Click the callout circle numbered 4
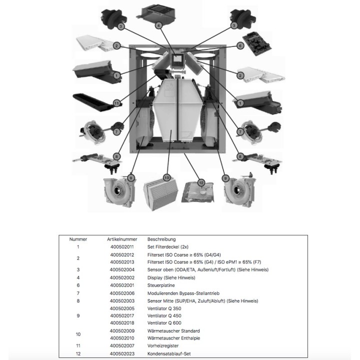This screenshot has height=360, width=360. click(158, 25)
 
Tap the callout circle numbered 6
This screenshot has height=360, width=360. click(240, 46)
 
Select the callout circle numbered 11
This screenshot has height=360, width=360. click(116, 103)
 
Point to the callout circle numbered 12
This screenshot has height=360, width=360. click(201, 183)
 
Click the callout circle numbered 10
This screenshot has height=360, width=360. click(167, 177)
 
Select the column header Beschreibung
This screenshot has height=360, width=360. click(161, 239)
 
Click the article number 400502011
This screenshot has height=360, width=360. click(122, 246)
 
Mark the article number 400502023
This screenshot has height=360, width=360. click(122, 354)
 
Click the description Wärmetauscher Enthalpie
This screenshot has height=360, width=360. click(173, 338)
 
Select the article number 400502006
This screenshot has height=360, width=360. click(122, 292)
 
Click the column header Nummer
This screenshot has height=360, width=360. click(78, 239)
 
